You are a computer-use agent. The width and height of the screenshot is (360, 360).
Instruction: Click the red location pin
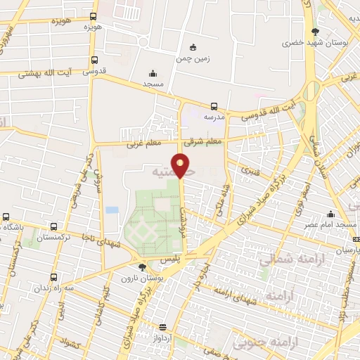(x=181, y=165)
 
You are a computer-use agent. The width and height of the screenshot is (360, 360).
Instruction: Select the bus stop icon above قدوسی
(x=94, y=60)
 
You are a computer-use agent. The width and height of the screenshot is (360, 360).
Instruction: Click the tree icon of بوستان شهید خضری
(x=315, y=31)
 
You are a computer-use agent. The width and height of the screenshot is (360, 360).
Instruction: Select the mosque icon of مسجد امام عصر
(x=330, y=214)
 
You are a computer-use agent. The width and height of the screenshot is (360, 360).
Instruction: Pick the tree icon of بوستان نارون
(x=143, y=267)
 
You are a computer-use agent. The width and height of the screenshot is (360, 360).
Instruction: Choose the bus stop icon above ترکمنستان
(x=54, y=226)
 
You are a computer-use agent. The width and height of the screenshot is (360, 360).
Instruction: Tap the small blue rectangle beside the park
(x=112, y=210)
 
